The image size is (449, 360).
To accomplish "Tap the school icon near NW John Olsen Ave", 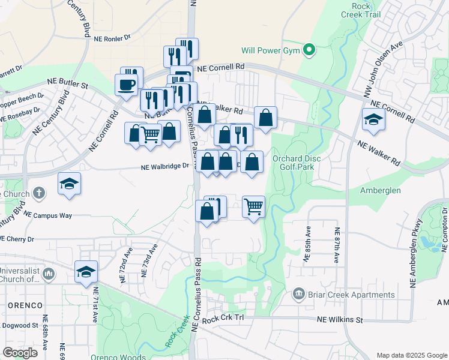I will click(x=373, y=120).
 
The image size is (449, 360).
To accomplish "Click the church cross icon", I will click(x=39, y=193).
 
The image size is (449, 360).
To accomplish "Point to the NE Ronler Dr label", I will click(x=112, y=37).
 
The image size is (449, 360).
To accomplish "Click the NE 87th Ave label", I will click(x=337, y=245).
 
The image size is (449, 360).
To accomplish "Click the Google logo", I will click(x=20, y=352).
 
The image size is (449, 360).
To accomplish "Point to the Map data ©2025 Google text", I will click(x=411, y=355).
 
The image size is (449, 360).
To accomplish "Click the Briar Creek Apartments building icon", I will click(x=298, y=294).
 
